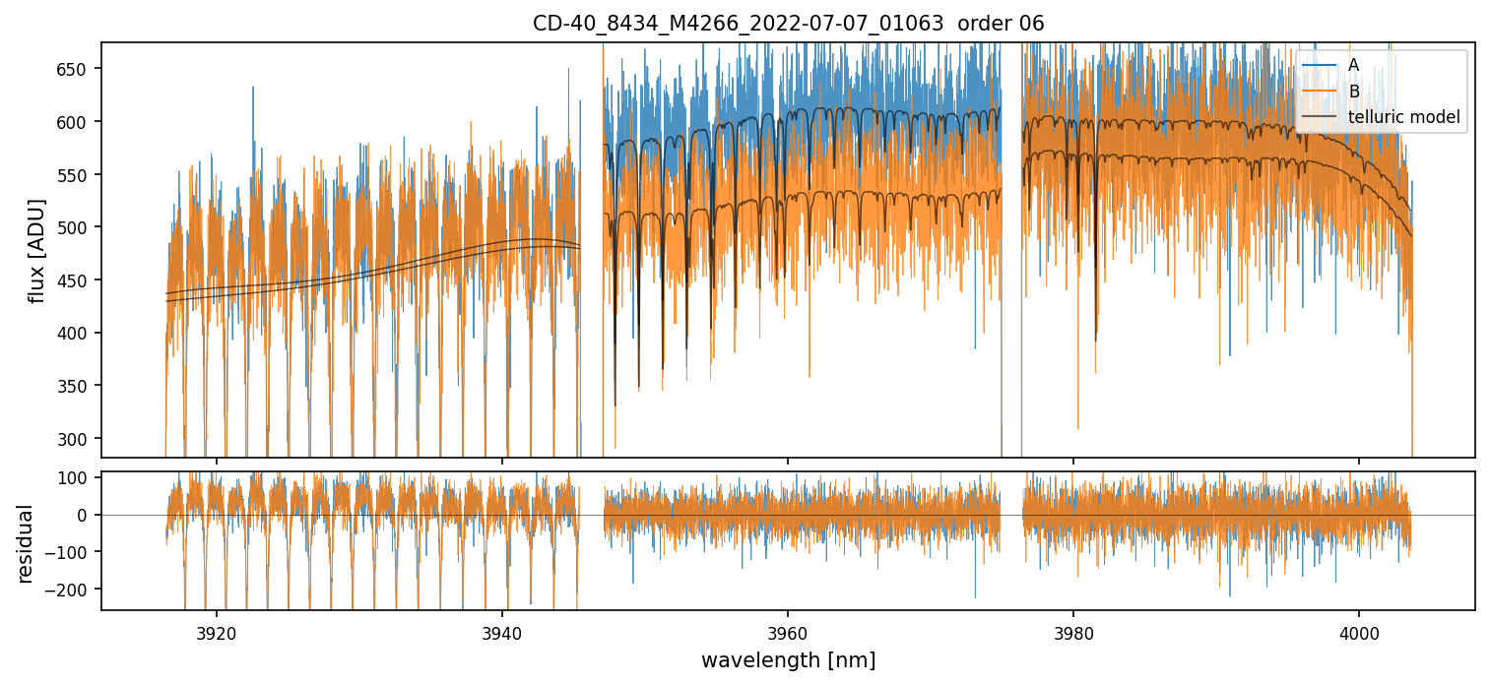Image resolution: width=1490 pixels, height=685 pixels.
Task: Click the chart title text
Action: pos(788,23)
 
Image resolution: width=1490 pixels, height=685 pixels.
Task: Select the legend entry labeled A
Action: pos(1353,65)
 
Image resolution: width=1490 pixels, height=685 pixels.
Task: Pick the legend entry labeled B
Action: pos(1353,92)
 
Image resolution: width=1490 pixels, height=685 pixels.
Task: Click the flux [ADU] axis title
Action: pos(37,250)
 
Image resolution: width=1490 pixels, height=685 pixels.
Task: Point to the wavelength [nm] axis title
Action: pos(788,660)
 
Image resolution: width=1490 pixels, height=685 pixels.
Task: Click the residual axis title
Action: pos(26,543)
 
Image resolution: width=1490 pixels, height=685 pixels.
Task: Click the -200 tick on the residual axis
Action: pos(74,590)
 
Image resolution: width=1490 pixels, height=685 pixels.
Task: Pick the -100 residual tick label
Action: pos(74,552)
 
